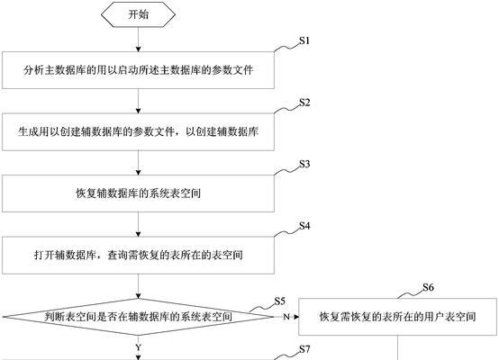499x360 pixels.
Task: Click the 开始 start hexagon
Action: [x=138, y=14]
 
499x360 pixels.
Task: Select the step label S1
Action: [x=304, y=40]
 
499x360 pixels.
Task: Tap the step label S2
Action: [x=304, y=103]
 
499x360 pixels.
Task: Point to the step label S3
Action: [x=304, y=164]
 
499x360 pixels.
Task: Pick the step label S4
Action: [x=304, y=226]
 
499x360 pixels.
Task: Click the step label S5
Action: [x=280, y=301]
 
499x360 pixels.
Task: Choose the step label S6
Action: [x=428, y=287]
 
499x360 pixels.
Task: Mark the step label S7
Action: [x=304, y=349]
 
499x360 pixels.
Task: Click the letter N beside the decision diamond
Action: [x=286, y=317]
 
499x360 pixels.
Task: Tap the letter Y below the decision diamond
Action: [x=138, y=347]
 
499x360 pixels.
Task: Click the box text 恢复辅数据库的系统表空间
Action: [x=138, y=193]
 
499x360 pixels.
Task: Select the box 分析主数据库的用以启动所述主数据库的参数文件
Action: [x=138, y=70]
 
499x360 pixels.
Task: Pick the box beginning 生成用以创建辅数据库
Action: [x=138, y=131]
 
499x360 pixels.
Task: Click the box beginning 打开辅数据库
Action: [x=138, y=255]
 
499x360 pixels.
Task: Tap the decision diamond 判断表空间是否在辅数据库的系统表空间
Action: [x=138, y=317]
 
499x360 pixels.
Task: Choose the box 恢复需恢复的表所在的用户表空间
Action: [x=397, y=317]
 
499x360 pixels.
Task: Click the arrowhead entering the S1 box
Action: [x=138, y=49]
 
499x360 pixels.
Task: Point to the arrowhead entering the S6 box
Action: [x=296, y=317]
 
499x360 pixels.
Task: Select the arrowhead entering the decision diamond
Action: [x=138, y=296]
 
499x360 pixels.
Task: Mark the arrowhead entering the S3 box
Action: [x=138, y=173]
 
